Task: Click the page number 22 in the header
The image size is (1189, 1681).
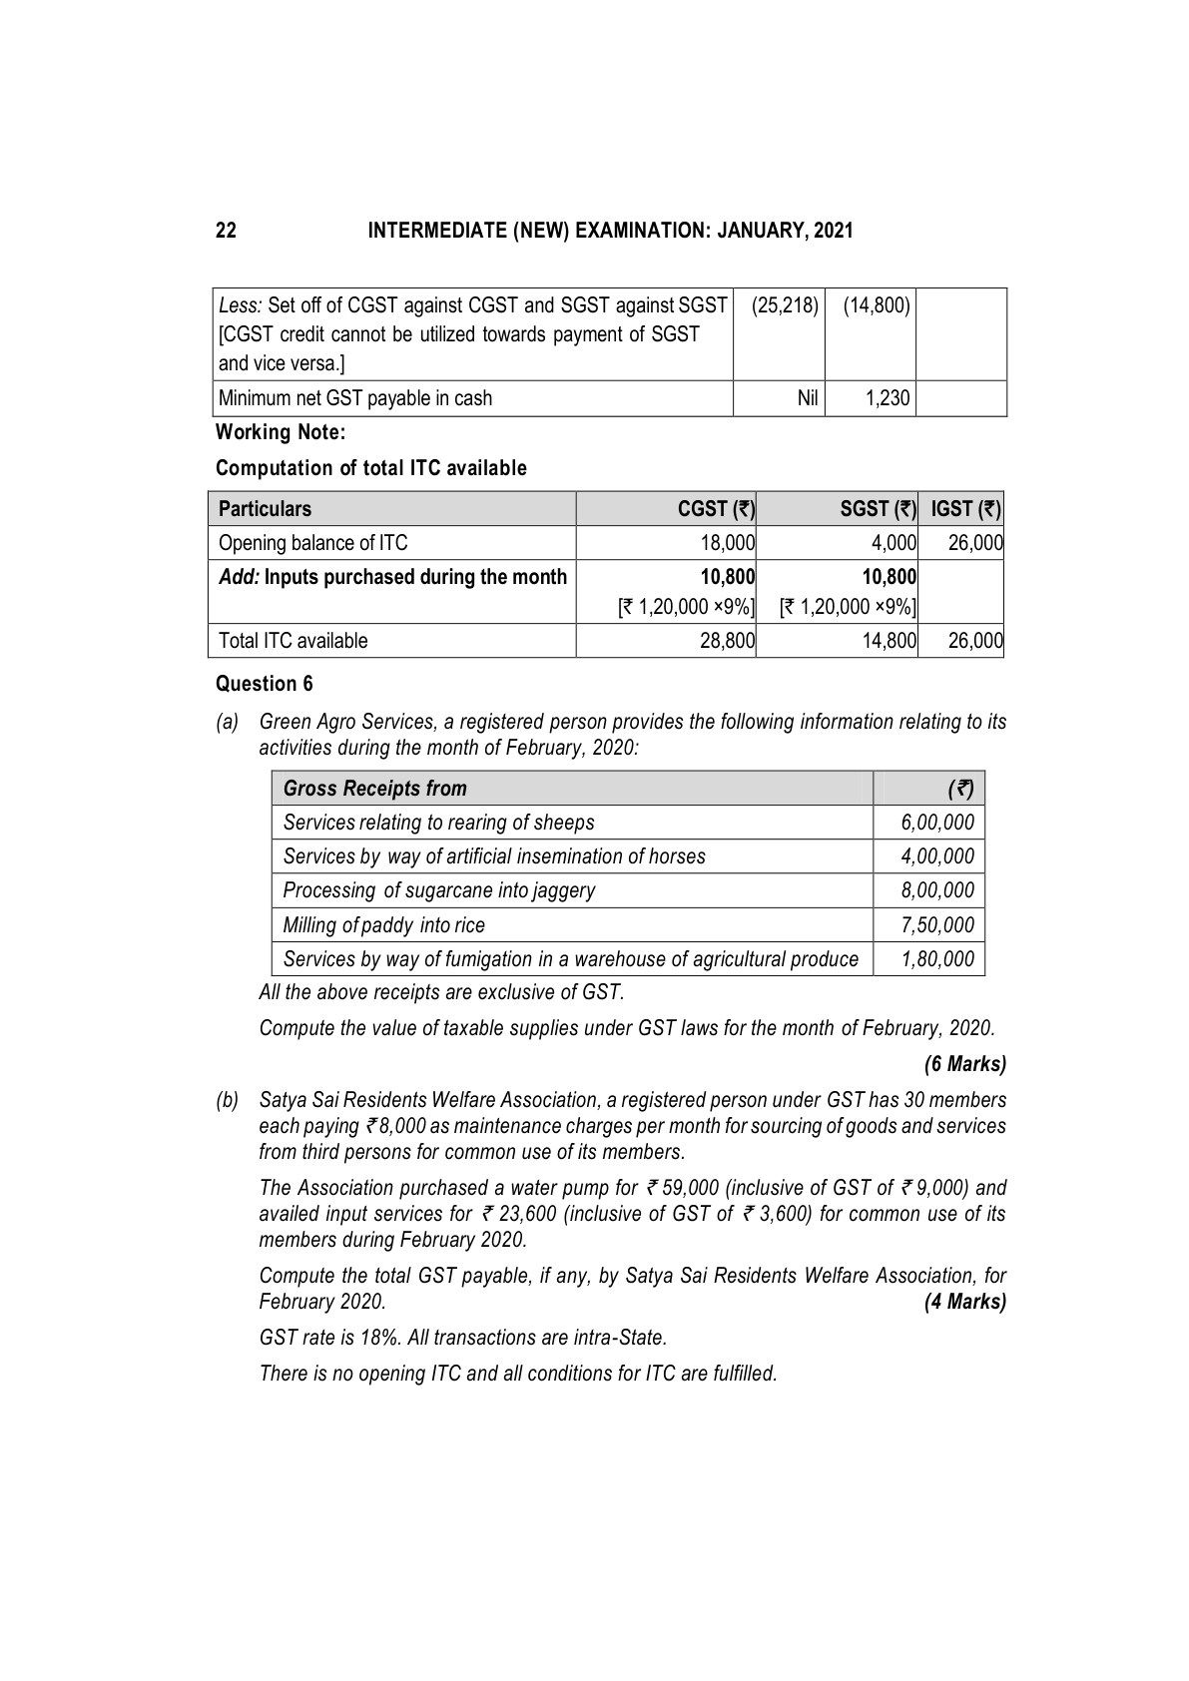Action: pyautogui.click(x=227, y=231)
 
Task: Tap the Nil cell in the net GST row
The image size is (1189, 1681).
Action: pyautogui.click(x=808, y=398)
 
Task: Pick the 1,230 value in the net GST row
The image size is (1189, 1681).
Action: pyautogui.click(x=888, y=398)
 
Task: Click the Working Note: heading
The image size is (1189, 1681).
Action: pyautogui.click(x=281, y=432)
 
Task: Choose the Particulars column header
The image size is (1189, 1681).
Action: pyautogui.click(x=265, y=509)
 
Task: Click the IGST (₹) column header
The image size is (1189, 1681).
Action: pyautogui.click(x=965, y=509)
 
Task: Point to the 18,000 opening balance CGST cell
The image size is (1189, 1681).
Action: pyautogui.click(x=726, y=543)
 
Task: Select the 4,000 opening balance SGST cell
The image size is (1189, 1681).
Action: pyautogui.click(x=894, y=543)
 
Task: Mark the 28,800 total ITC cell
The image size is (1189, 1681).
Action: pyautogui.click(x=726, y=641)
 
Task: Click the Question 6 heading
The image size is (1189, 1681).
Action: pyautogui.click(x=264, y=684)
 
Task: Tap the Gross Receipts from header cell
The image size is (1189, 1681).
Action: pyautogui.click(x=374, y=789)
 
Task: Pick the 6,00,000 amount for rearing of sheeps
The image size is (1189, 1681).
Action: pyautogui.click(x=937, y=823)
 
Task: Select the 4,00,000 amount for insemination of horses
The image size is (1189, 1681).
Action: pyautogui.click(x=937, y=856)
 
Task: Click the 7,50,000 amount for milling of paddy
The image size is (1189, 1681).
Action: pyautogui.click(x=937, y=925)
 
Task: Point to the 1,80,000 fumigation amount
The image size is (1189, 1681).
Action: pyautogui.click(x=937, y=959)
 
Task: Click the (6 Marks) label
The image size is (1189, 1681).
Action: pyautogui.click(x=964, y=1064)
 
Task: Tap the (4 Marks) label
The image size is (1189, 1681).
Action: pyautogui.click(x=964, y=1302)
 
